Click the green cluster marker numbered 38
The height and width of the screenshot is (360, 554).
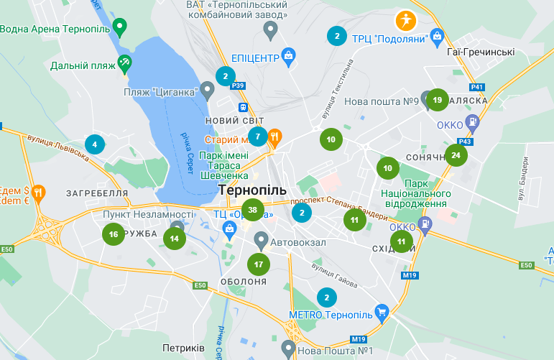252,210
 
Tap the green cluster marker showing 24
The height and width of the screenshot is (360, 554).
456,155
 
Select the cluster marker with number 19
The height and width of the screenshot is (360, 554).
438,100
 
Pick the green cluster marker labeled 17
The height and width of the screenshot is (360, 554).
259,264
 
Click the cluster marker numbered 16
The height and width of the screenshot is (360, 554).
114,234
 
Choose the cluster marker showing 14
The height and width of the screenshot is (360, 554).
175,239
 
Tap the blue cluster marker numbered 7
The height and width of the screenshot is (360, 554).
257,136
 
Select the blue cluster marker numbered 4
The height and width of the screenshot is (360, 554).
94,144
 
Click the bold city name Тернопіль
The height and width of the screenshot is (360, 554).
251,190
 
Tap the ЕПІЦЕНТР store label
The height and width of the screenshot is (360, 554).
254,57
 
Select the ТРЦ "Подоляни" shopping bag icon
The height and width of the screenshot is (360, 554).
437,37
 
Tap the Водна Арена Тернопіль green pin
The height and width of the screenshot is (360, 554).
120,27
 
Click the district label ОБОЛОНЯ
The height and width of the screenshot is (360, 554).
244,282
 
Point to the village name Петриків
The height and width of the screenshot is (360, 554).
183,348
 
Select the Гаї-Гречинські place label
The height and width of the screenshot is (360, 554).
480,52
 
